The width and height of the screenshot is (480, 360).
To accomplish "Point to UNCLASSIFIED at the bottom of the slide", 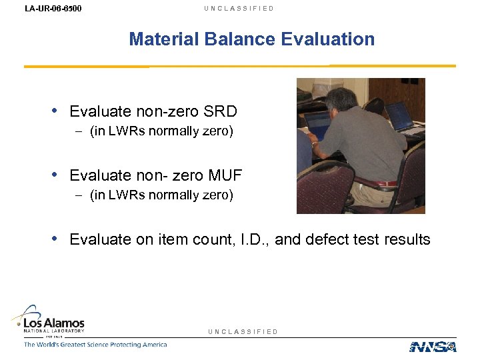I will click(243, 331).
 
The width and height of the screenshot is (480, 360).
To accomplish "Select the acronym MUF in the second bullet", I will click(225, 175).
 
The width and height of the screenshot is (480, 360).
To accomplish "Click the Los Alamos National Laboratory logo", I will click(49, 320).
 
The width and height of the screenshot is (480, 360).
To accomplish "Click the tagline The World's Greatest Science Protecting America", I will click(95, 345).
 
